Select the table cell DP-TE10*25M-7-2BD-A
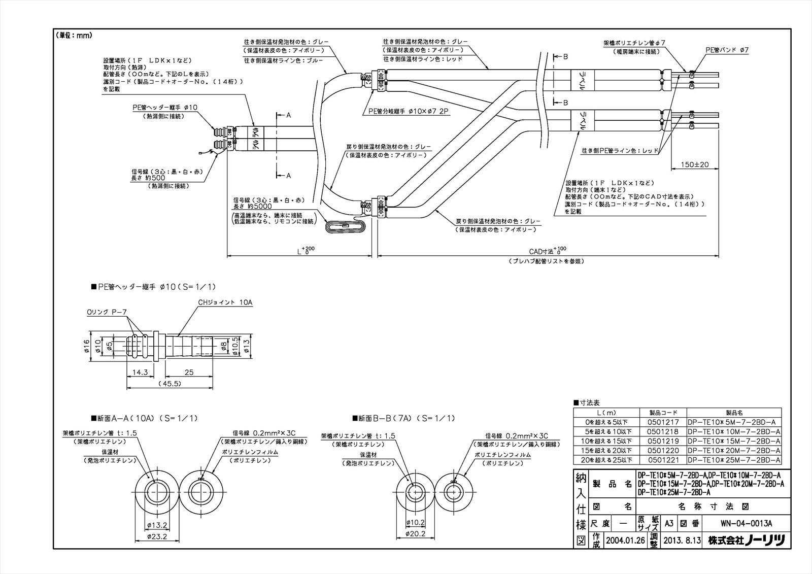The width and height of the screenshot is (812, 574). click(x=734, y=460)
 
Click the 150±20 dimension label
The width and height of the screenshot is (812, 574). click(x=694, y=164)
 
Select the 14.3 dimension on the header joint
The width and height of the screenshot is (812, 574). click(x=140, y=372)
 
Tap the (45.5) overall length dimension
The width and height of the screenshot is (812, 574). click(x=170, y=384)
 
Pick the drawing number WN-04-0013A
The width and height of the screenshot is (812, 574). click(x=746, y=523)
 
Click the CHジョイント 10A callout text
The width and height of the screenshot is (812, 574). click(x=225, y=302)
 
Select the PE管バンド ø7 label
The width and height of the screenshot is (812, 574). click(x=727, y=50)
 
